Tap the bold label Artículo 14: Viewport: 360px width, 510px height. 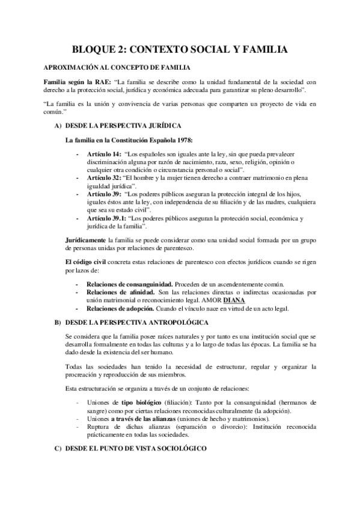[x=104, y=153]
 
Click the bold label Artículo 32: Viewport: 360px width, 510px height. [x=104, y=179]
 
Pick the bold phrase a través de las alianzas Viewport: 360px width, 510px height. [x=145, y=419]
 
